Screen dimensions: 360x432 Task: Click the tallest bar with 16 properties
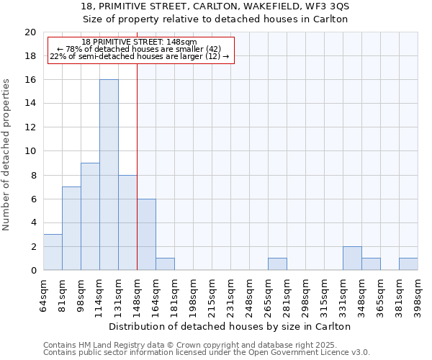[x=109, y=175]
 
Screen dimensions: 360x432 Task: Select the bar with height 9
[x=90, y=216]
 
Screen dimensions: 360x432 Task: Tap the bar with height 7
[x=71, y=228]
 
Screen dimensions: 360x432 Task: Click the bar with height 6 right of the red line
[x=146, y=234]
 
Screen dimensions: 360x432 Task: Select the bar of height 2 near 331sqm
[x=352, y=258]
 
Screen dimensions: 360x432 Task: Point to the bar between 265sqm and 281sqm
[x=277, y=264]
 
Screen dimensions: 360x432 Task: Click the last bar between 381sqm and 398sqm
[x=408, y=264]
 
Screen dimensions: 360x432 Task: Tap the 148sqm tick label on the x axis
[x=137, y=294]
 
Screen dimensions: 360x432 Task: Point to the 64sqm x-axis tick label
[x=44, y=294]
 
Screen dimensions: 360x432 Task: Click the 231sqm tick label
[x=230, y=294]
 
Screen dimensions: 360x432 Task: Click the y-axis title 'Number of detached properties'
[x=7, y=155]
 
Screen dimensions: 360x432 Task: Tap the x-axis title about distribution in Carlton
[x=230, y=326]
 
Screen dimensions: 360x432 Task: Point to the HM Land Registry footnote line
[x=205, y=345]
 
